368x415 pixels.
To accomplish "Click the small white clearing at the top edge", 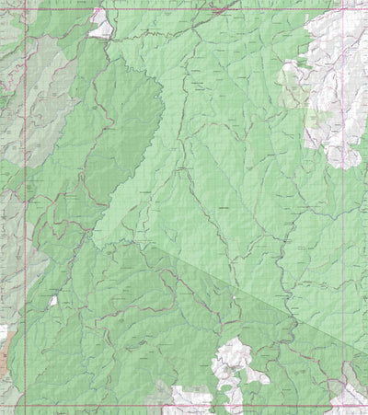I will tap(100, 25).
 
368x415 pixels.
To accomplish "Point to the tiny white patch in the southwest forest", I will tap(53, 301).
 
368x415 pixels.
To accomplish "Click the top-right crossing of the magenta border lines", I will tap(344, 9).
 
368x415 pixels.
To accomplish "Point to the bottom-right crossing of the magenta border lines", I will tap(344, 406).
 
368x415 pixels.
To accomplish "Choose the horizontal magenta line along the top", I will tap(184, 9).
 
